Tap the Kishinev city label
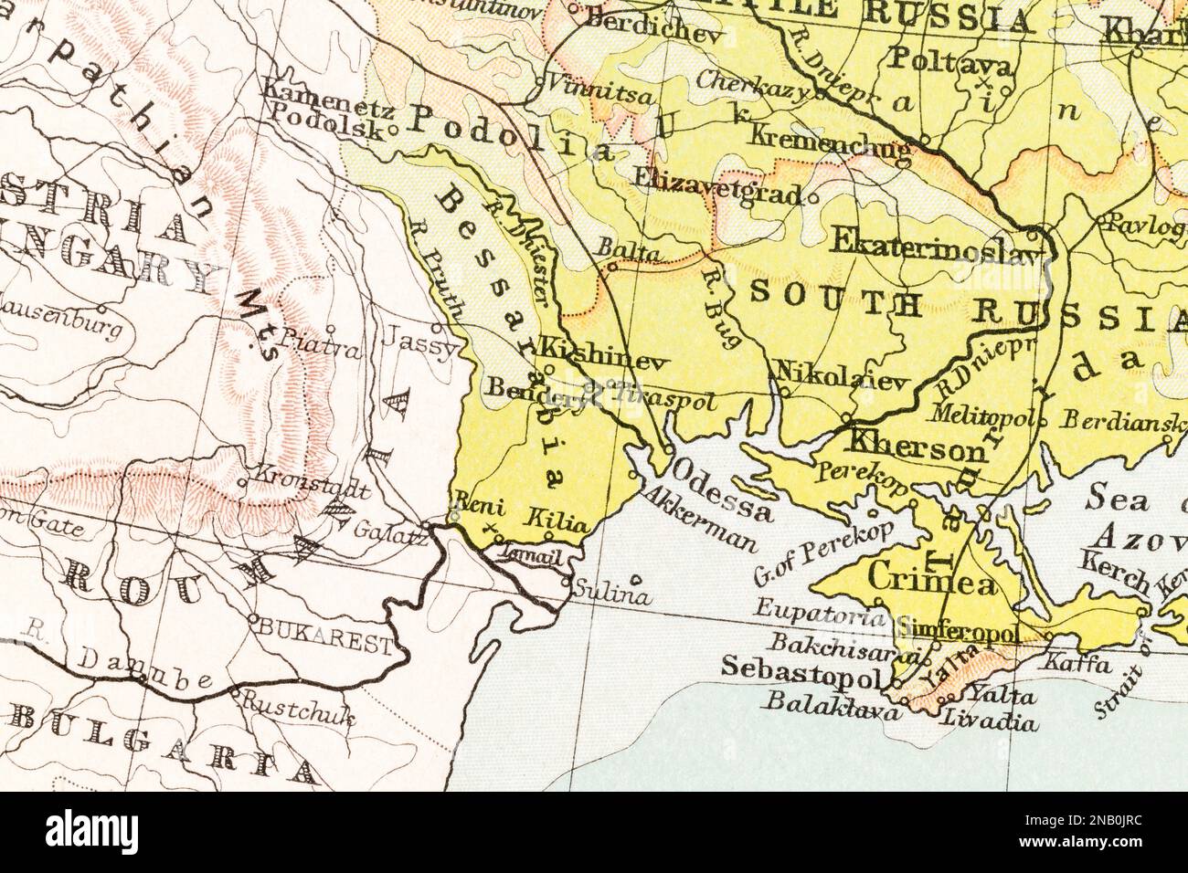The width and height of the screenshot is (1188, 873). coord(604,349)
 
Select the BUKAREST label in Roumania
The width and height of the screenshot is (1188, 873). coord(331,628)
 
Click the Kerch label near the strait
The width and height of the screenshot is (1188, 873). coord(1115,571)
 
